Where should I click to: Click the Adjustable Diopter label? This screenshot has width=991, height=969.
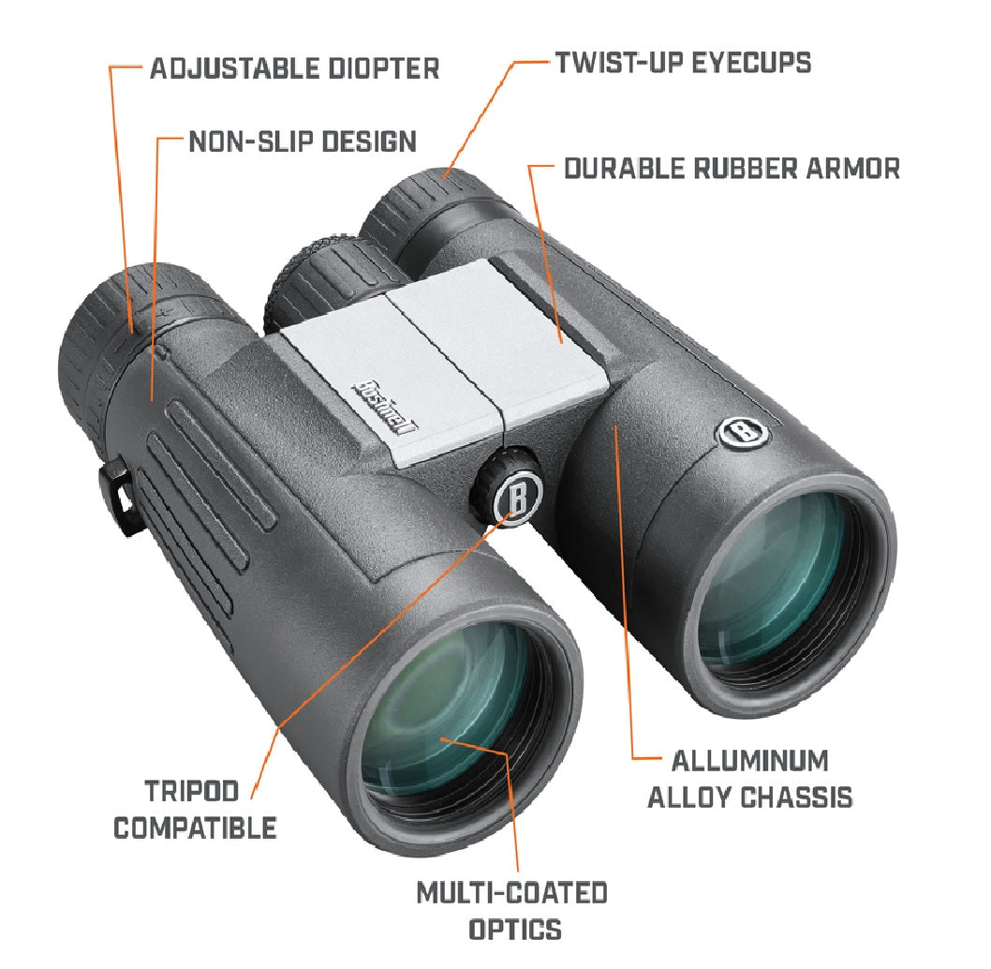coord(294,68)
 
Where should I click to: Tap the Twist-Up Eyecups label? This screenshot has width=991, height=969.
coord(683,63)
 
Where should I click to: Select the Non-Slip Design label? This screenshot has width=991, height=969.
coord(303,142)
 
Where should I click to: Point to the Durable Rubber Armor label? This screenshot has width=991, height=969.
coord(732,169)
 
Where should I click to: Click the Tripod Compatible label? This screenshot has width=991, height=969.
coord(195,808)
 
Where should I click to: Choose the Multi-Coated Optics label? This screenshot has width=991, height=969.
coord(511,910)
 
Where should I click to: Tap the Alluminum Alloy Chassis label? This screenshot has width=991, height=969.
coord(750,778)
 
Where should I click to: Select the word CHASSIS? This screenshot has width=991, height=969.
coord(797,798)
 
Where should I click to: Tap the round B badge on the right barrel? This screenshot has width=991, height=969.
coord(743,430)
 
